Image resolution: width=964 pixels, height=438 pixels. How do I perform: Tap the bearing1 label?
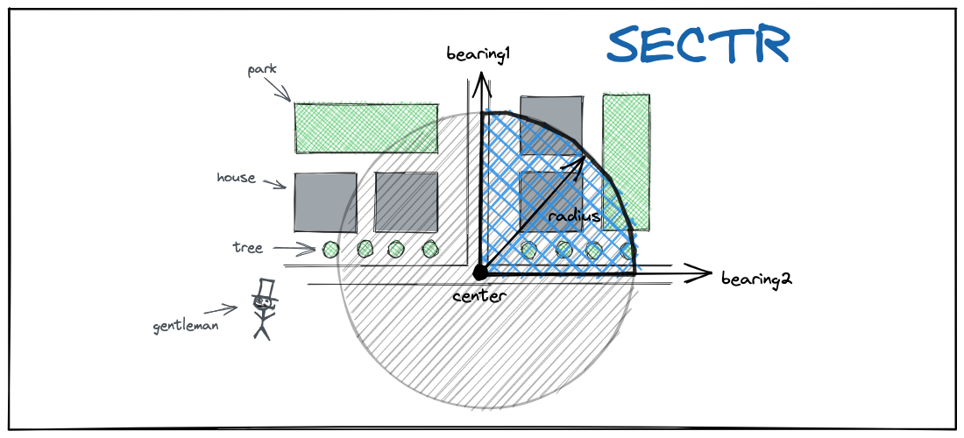coord(478,55)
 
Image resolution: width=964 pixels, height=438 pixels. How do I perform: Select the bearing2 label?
coord(756,279)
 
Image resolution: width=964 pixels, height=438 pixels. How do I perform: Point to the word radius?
coord(574,215)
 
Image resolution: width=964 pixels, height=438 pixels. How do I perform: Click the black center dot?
coord(479,273)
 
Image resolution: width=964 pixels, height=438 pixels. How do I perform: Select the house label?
coord(236,178)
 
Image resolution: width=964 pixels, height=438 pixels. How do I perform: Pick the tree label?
coord(247,248)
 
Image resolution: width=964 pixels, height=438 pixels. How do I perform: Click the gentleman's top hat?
coord(263,288)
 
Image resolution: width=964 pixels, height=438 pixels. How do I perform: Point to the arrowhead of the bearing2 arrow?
coord(702,273)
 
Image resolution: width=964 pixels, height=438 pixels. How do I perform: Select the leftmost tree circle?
coord(330,250)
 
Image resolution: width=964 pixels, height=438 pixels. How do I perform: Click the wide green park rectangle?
coord(365,128)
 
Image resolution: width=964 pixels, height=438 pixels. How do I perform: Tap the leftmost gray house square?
coord(325,202)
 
